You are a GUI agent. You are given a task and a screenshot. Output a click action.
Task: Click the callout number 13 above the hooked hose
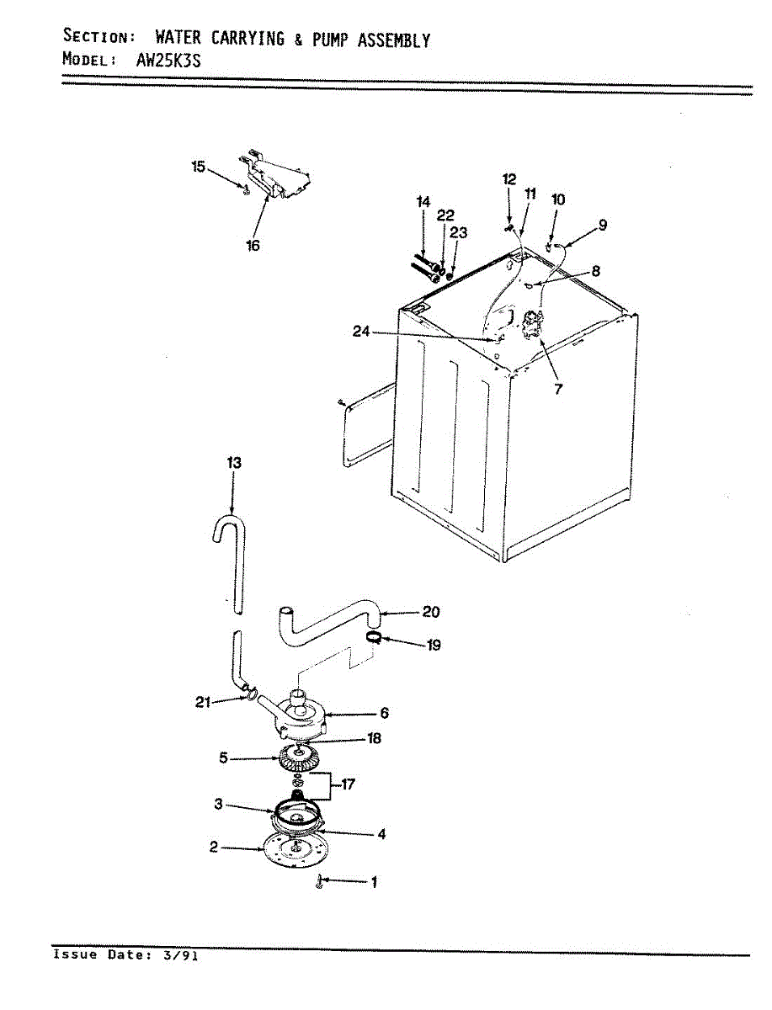[233, 462]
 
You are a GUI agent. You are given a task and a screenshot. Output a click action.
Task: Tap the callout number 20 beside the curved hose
[430, 612]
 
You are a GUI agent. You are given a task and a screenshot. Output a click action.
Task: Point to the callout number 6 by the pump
[384, 713]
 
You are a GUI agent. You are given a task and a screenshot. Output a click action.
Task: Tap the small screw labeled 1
[321, 881]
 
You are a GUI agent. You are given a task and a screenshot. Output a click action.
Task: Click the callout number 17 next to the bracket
[348, 784]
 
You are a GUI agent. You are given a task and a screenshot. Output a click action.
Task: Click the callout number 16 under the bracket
[253, 245]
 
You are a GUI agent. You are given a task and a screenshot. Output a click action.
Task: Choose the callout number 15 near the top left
[198, 167]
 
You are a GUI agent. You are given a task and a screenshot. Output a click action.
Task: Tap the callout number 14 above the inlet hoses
[423, 201]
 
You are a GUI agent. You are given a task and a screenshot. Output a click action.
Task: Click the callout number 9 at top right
[602, 225]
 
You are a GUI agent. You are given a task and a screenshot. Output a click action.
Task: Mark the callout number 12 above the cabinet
[509, 178]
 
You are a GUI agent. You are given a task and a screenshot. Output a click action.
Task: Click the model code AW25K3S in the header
[168, 61]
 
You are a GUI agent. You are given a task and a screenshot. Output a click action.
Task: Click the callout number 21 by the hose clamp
[203, 703]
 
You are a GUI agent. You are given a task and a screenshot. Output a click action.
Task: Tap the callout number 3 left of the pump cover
[218, 804]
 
